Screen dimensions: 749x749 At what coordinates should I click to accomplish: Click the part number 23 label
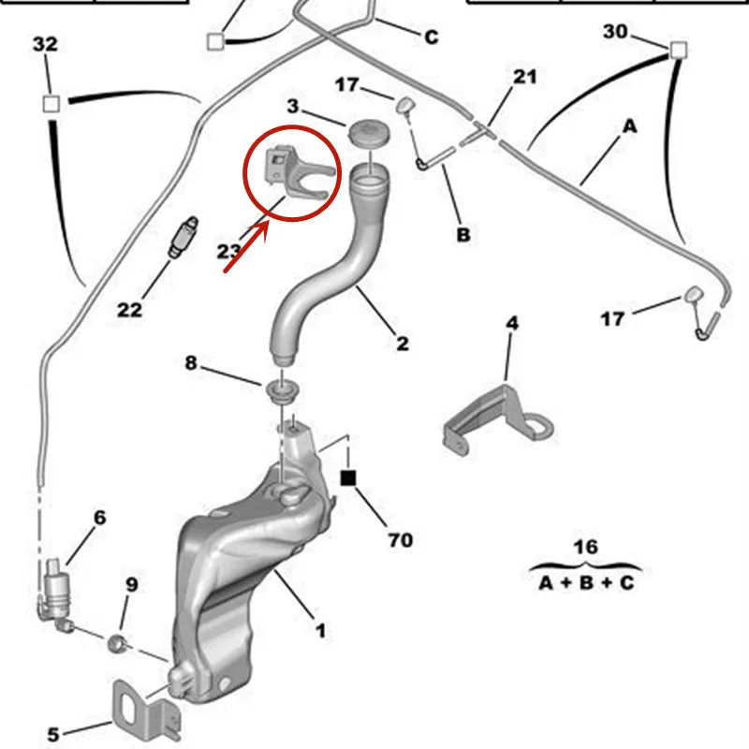[229, 251]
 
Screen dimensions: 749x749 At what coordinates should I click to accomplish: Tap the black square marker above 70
[348, 478]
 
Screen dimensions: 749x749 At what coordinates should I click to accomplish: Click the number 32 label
[45, 44]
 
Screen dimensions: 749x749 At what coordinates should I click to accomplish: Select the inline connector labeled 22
[184, 237]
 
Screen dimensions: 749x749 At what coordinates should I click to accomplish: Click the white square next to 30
[677, 49]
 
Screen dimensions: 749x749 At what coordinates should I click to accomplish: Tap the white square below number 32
[52, 102]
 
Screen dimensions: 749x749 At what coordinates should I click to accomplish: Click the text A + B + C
[586, 583]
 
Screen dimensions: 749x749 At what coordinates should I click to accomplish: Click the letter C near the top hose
[431, 37]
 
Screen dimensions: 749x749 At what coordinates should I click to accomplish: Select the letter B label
[463, 235]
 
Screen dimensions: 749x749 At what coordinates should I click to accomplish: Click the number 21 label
[524, 76]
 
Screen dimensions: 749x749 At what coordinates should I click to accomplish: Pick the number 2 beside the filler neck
[402, 344]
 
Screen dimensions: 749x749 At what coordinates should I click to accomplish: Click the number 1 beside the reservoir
[320, 631]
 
